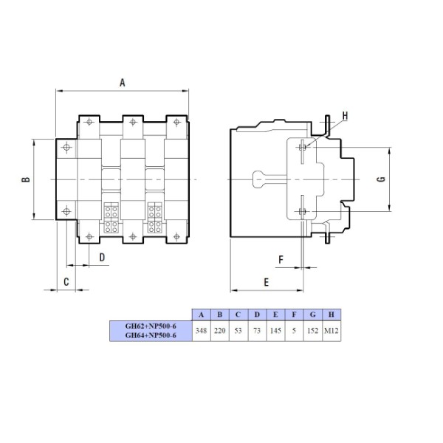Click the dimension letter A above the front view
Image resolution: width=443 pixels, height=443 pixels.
(123, 83)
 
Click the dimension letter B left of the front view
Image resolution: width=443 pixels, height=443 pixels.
(24, 179)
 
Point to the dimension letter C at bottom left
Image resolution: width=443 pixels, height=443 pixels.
(66, 281)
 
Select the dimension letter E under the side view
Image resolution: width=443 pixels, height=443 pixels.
(266, 281)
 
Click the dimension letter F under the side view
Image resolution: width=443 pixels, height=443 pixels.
(281, 259)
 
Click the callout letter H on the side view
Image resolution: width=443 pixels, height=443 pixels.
(346, 116)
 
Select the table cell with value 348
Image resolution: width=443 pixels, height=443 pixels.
(201, 330)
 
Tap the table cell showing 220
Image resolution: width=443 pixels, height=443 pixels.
(219, 330)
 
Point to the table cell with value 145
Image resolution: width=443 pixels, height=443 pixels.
(275, 330)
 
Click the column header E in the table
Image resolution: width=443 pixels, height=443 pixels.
(275, 315)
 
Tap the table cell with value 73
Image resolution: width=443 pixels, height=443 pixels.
(256, 330)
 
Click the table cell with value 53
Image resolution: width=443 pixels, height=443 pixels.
(238, 330)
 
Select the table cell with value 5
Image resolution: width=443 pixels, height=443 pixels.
(293, 330)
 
